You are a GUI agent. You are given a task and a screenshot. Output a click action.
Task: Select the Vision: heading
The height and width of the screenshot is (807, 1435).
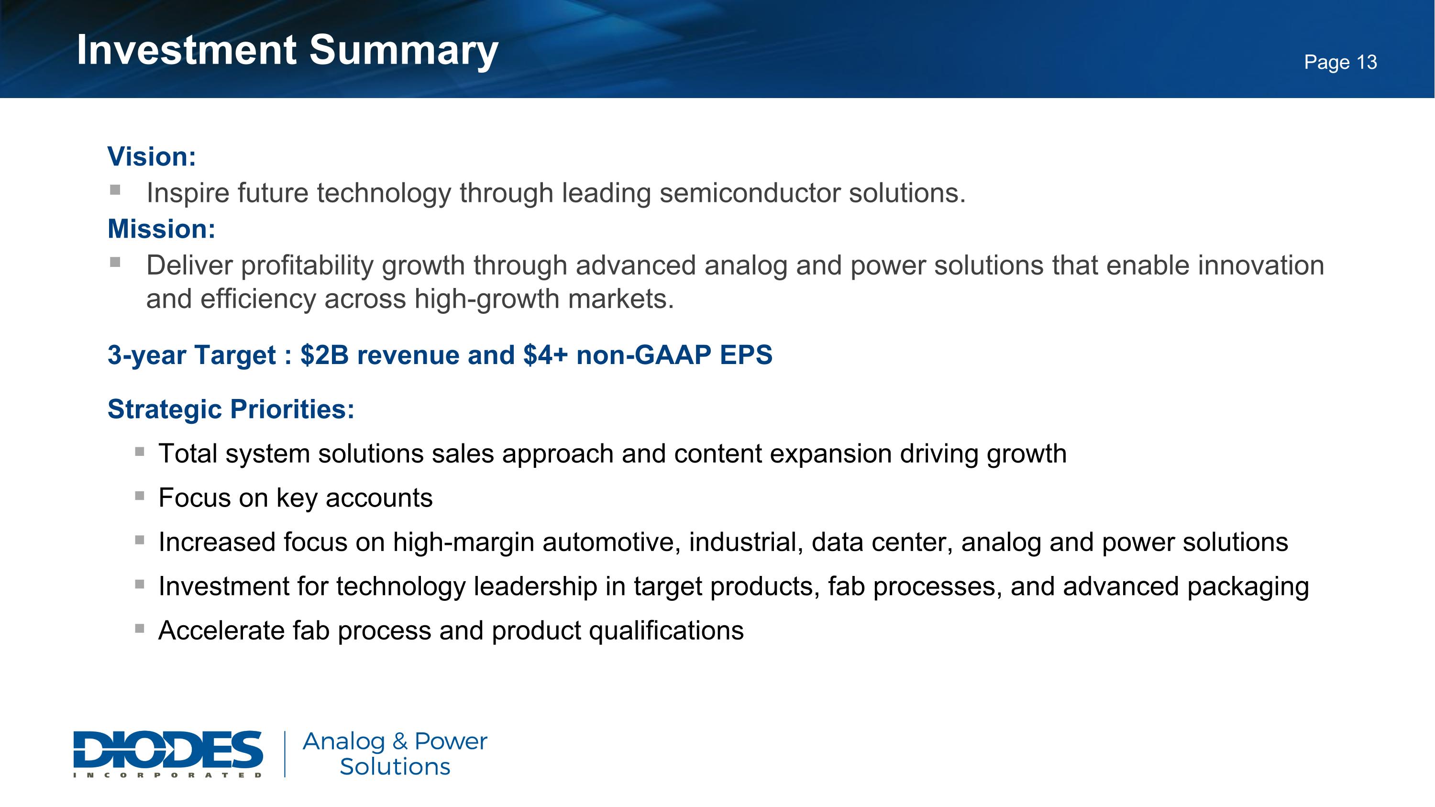click(x=152, y=156)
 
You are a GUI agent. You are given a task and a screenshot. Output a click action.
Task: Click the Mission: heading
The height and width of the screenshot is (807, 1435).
click(x=162, y=229)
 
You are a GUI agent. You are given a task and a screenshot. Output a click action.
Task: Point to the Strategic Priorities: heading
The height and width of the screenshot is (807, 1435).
click(x=231, y=409)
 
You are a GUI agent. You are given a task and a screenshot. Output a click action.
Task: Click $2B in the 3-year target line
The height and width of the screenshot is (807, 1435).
click(x=324, y=355)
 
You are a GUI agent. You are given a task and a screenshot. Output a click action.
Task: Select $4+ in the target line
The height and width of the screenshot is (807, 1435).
click(x=546, y=355)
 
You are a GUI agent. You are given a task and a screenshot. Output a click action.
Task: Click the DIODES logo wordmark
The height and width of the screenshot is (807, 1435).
click(x=168, y=749)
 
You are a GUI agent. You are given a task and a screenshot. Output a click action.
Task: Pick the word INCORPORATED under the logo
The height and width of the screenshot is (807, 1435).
click(x=168, y=774)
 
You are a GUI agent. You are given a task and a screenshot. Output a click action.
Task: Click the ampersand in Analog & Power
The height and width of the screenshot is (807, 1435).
click(x=399, y=741)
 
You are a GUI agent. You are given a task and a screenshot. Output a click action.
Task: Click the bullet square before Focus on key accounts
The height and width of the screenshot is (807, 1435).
click(x=140, y=495)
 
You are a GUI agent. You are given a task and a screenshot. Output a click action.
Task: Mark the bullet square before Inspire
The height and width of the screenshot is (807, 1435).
click(x=115, y=190)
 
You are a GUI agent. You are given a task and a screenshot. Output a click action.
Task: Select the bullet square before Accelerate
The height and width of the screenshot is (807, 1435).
click(x=140, y=628)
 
